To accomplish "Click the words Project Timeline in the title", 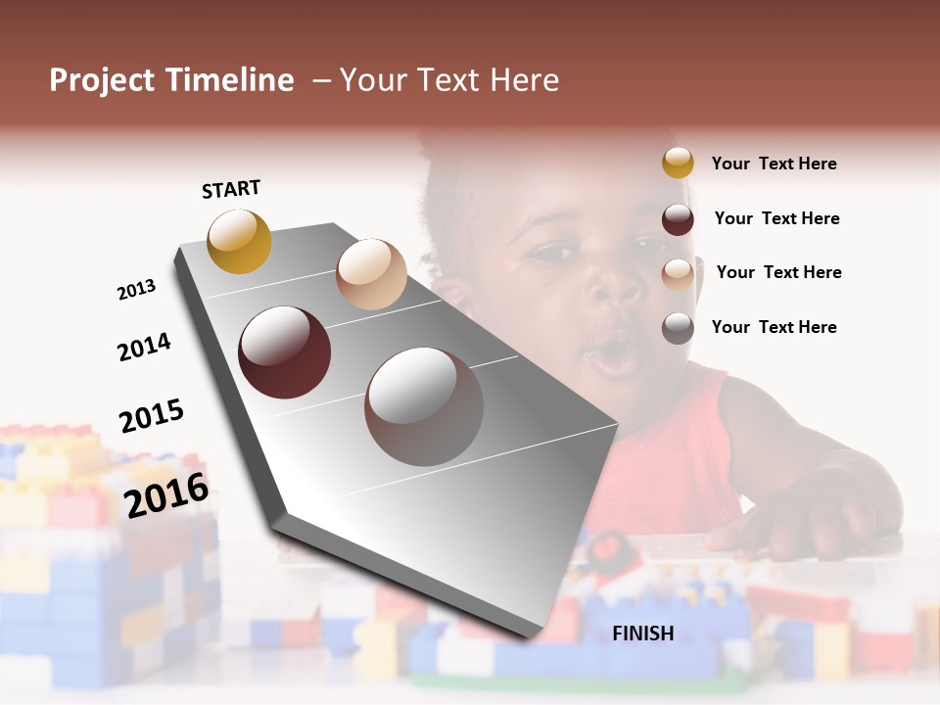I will [x=171, y=80].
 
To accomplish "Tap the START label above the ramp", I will [x=231, y=189].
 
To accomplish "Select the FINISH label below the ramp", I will [x=642, y=634].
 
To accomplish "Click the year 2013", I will [x=136, y=290].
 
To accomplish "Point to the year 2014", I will [x=144, y=347].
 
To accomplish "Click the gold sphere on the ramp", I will [x=239, y=241].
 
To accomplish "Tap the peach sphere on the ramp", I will [x=371, y=274].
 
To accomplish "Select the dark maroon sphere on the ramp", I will [x=285, y=352].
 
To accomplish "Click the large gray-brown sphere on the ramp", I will [x=424, y=406].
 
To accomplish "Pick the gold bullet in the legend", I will [x=678, y=163].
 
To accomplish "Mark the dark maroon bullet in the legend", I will [x=678, y=219].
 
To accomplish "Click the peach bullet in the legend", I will [x=678, y=274].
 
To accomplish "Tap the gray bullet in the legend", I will [x=678, y=328].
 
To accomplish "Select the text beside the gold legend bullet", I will [x=774, y=164].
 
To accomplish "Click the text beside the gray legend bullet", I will [x=774, y=327].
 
